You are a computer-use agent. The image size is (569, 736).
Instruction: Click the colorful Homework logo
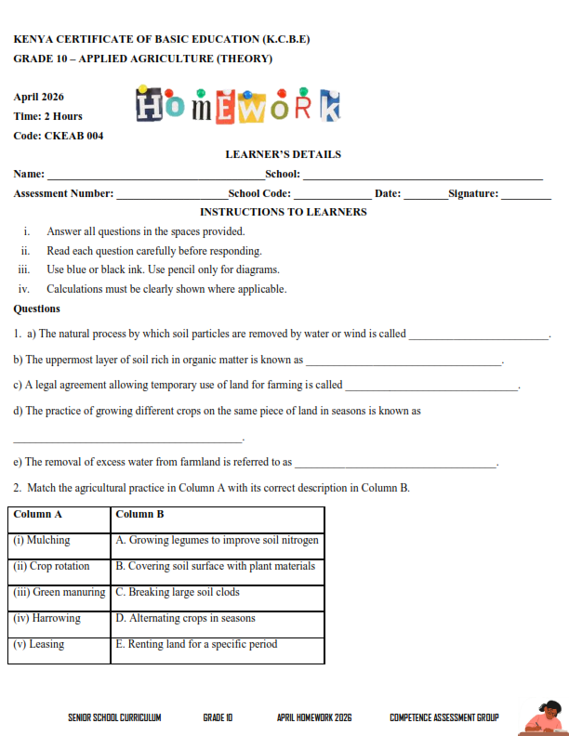pyautogui.click(x=238, y=105)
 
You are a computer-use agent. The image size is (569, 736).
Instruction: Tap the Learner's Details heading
pyautogui.click(x=284, y=154)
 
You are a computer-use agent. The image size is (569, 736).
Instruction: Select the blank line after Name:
pyautogui.click(x=155, y=177)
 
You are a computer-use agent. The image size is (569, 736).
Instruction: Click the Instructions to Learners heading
pyautogui.click(x=284, y=212)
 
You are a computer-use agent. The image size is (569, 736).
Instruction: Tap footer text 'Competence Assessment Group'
pyautogui.click(x=443, y=717)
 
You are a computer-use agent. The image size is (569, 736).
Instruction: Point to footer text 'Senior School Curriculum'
pyautogui.click(x=114, y=717)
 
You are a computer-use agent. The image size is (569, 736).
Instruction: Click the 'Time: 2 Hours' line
pyautogui.click(x=48, y=116)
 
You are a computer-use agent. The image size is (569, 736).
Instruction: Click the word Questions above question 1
pyautogui.click(x=37, y=309)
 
